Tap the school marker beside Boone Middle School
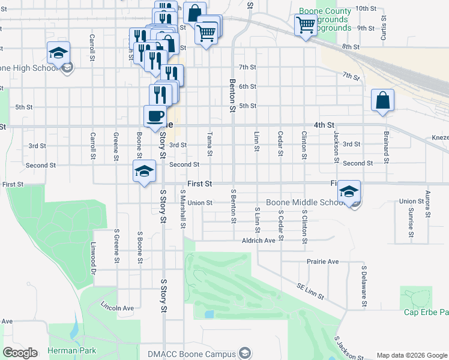click(348, 191)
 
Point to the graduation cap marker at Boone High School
click(58, 53)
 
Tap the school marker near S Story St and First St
click(143, 172)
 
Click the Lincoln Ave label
click(118, 308)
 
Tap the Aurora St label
click(427, 204)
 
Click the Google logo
click(20, 353)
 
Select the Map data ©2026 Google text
click(411, 355)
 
